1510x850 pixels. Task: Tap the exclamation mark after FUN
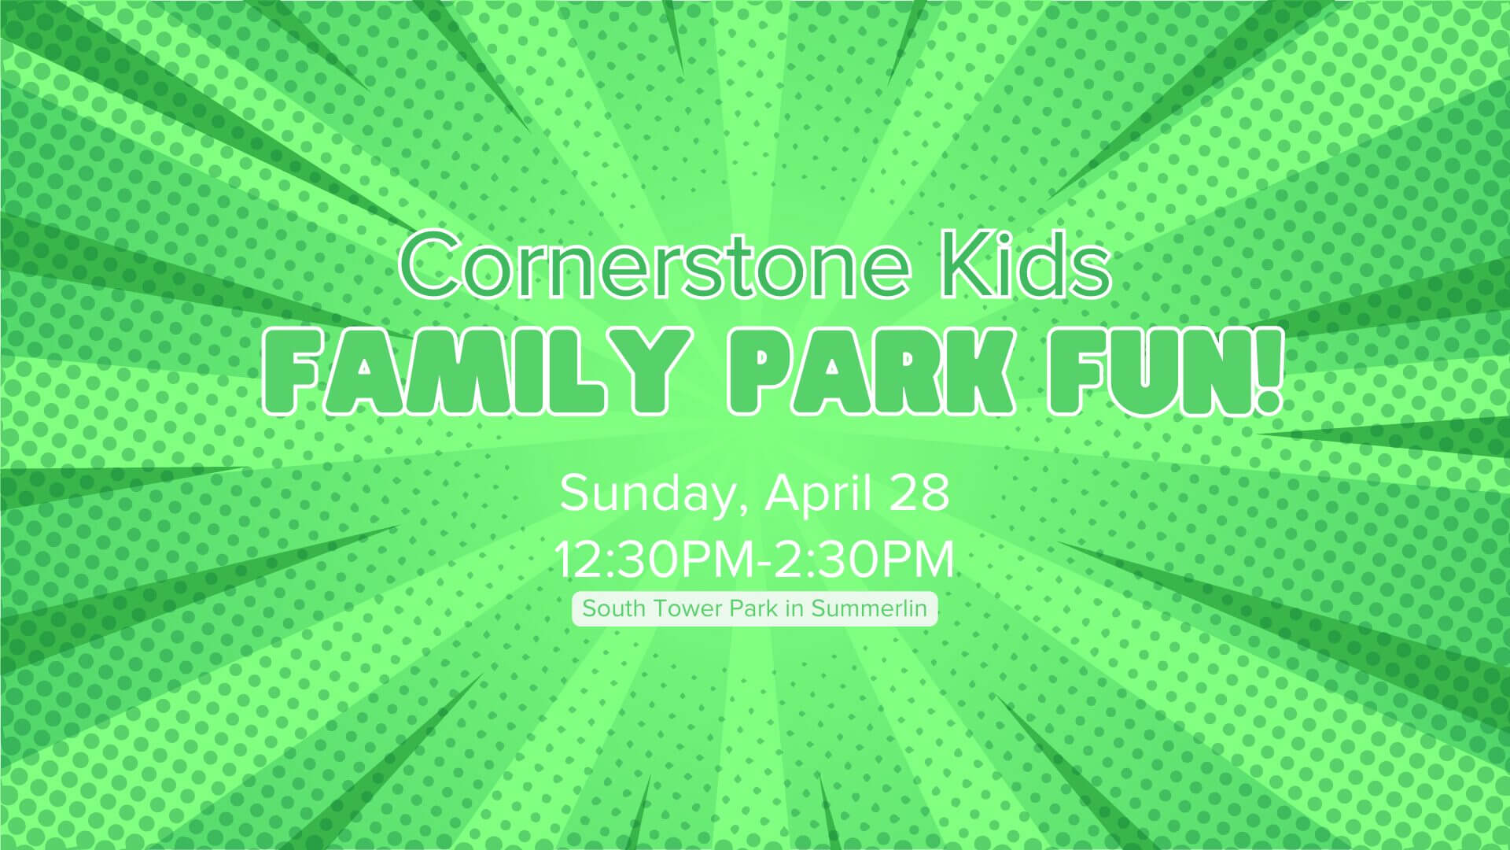(1264, 373)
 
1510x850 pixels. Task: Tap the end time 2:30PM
(865, 560)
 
